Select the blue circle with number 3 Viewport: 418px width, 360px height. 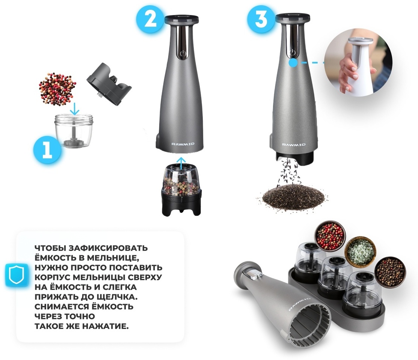(261, 19)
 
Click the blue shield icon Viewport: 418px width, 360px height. (16, 275)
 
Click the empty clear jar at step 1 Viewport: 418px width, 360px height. (74, 131)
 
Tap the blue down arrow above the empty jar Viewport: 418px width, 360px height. (75, 109)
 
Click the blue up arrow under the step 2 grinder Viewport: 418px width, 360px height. (181, 163)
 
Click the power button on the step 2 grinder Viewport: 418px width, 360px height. (183, 53)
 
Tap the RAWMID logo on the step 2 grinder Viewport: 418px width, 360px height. (183, 144)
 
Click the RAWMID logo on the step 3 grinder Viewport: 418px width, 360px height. (294, 145)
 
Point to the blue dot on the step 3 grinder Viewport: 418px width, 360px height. (293, 63)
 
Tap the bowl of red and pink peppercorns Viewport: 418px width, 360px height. (330, 235)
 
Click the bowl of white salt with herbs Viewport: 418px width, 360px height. (360, 251)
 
